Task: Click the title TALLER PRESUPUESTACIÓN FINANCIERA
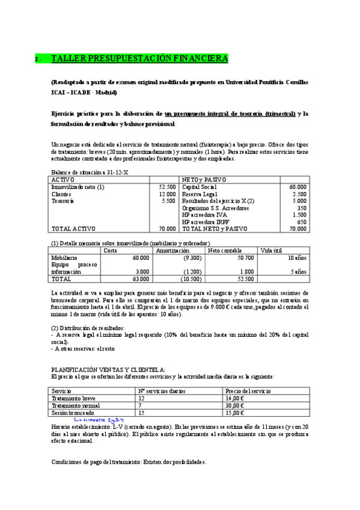coord(139,58)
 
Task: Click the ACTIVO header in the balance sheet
coord(63,180)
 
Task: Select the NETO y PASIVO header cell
coord(204,180)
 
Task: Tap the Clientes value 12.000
coord(166,194)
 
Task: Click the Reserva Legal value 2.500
coord(298,194)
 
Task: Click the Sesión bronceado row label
coord(73,413)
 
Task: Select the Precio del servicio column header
coord(248,391)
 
